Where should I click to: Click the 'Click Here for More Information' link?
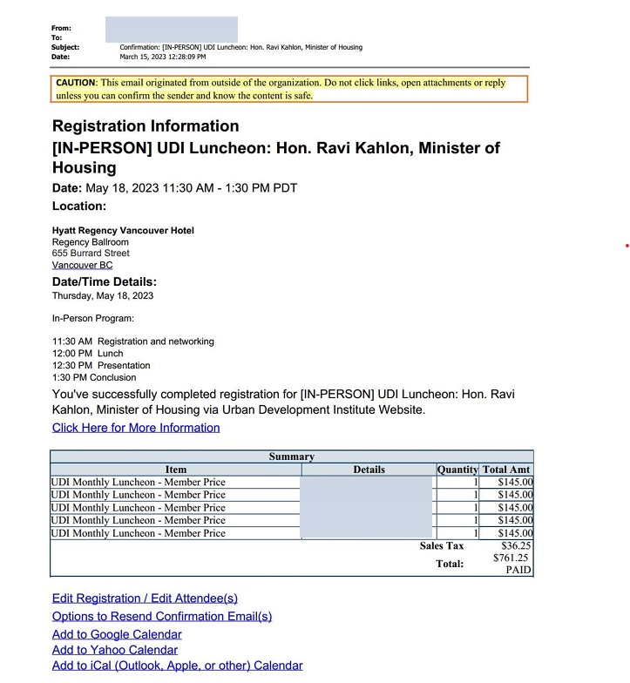point(136,428)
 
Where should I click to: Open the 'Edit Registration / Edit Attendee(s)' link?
point(145,598)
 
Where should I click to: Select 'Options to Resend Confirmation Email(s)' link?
point(162,616)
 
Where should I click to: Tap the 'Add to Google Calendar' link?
point(117,634)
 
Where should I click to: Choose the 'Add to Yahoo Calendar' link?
point(115,650)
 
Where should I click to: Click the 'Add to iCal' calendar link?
point(177,666)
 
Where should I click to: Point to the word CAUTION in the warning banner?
point(75,83)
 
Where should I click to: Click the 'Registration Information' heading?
point(146,126)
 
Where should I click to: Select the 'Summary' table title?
point(291,456)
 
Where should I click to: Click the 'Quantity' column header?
point(457,470)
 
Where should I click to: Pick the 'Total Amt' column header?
point(506,470)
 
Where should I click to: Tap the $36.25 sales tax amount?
point(516,546)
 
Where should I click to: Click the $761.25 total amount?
point(511,558)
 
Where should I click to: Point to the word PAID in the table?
point(518,570)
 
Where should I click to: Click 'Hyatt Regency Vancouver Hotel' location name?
point(123,230)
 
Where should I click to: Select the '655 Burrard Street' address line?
point(91,254)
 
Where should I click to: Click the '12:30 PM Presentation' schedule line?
point(101,366)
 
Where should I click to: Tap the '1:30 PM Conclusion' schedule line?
point(94,378)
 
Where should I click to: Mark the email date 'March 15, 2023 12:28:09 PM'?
point(163,57)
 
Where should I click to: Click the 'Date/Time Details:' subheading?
point(105,282)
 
